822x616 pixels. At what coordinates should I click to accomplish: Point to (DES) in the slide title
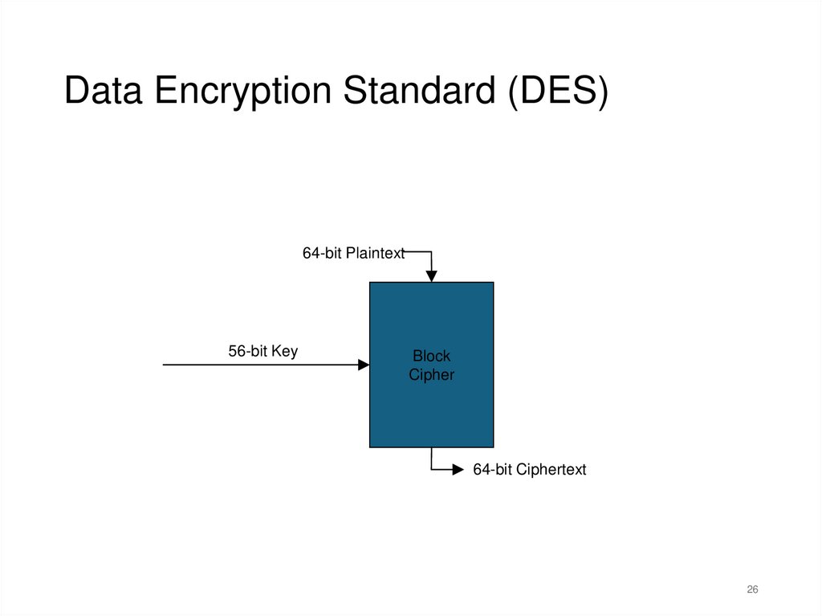[556, 91]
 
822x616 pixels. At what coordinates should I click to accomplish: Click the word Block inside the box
[431, 356]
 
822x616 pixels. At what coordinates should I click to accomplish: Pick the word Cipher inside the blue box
[431, 375]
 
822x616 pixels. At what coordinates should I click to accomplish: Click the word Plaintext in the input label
[376, 253]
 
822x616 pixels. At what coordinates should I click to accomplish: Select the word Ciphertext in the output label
[551, 470]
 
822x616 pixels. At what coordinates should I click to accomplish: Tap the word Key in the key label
[284, 351]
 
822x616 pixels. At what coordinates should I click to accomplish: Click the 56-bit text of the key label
[247, 351]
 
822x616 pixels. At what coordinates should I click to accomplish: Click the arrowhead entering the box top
[431, 277]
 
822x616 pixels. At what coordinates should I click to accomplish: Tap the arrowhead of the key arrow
[364, 365]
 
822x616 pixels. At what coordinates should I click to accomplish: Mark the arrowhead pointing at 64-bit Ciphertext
[458, 470]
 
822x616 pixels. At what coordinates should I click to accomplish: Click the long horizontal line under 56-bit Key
[257, 365]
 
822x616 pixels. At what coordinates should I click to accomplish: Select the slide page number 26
[752, 590]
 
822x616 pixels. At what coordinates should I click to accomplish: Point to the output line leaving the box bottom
[432, 459]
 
